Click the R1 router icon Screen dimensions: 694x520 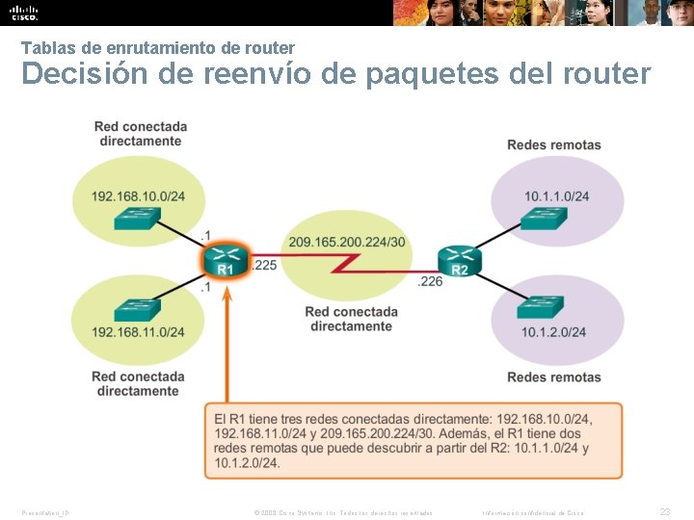[225, 260]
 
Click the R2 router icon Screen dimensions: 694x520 [459, 260]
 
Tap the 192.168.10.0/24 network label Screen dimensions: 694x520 [138, 197]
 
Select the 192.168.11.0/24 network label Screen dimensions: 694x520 [138, 332]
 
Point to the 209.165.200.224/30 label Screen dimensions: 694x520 [346, 241]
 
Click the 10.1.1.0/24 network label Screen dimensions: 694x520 [557, 196]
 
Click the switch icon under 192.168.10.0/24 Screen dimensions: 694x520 [137, 219]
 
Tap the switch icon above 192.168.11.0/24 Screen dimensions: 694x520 [137, 310]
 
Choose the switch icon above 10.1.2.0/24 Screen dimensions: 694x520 [540, 308]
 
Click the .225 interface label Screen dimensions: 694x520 [265, 264]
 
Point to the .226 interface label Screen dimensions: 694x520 [430, 282]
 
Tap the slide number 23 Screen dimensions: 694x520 [664, 512]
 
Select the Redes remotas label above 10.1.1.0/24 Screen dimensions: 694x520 [553, 145]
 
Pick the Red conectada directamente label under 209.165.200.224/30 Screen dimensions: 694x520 [351, 319]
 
